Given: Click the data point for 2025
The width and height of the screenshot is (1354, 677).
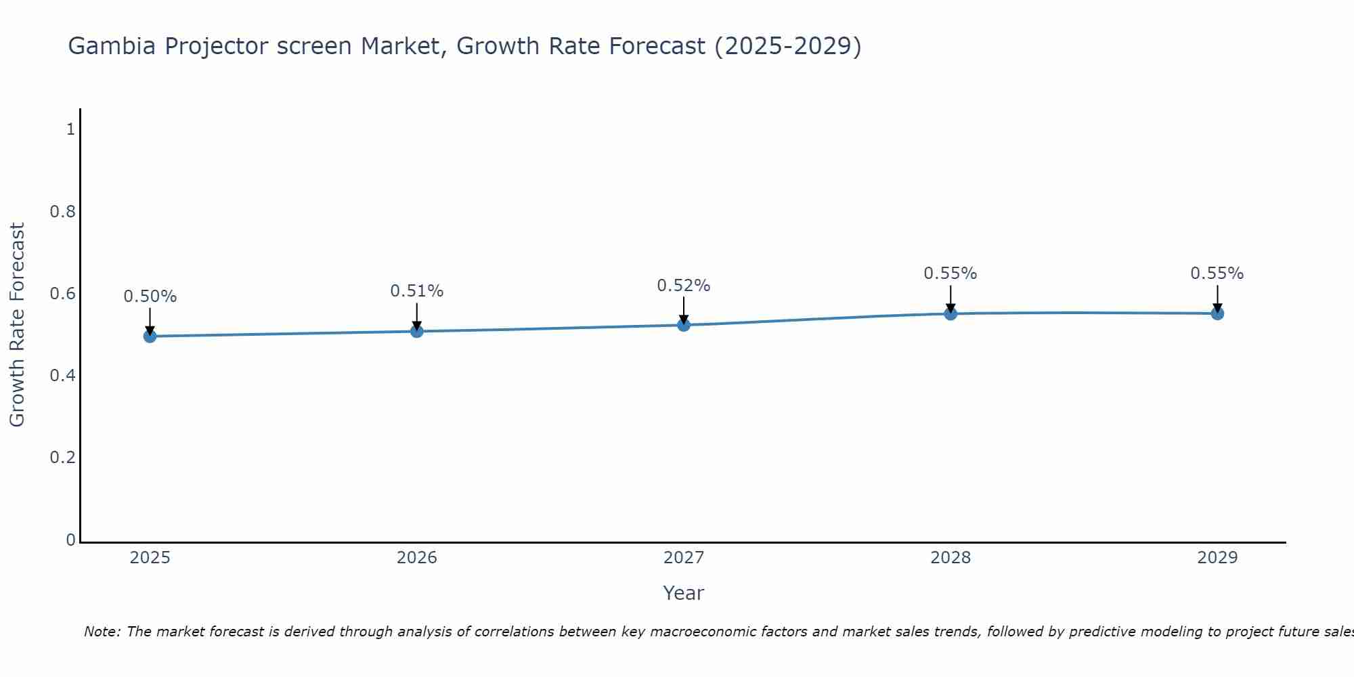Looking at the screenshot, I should pyautogui.click(x=150, y=336).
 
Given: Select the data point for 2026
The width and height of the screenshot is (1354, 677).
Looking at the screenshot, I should pyautogui.click(x=417, y=331).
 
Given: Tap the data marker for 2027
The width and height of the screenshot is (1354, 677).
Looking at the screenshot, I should pyautogui.click(x=684, y=325).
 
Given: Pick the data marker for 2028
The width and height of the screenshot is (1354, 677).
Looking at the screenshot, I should pyautogui.click(x=951, y=313).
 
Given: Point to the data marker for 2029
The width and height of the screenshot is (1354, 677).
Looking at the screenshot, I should pyautogui.click(x=1217, y=313).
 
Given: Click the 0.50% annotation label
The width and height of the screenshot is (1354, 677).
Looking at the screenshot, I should pyautogui.click(x=150, y=297).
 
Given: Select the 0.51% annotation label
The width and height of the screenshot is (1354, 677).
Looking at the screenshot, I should pyautogui.click(x=417, y=291).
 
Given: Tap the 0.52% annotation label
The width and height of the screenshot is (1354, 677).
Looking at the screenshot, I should pyautogui.click(x=684, y=286).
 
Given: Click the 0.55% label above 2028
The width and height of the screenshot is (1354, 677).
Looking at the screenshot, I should pyautogui.click(x=951, y=274).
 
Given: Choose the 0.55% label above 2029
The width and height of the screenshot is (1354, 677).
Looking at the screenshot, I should pyautogui.click(x=1217, y=274).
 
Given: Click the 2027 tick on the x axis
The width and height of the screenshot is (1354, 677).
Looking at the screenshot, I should pyautogui.click(x=684, y=558).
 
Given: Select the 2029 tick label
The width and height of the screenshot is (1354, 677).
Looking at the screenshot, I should pyautogui.click(x=1217, y=558).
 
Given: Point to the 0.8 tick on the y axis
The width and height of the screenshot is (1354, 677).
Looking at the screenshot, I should pyautogui.click(x=63, y=212).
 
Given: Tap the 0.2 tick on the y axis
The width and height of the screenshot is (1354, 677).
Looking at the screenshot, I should pyautogui.click(x=63, y=458).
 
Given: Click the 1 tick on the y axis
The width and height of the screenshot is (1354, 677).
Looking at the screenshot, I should pyautogui.click(x=70, y=129).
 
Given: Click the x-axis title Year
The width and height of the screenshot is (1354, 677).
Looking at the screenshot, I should pyautogui.click(x=684, y=593).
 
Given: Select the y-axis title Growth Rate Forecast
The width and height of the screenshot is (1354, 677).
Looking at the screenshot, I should pyautogui.click(x=17, y=325).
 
